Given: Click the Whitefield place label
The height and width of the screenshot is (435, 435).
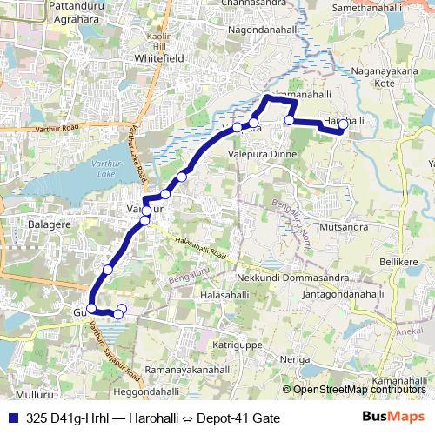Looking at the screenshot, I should pyautogui.click(x=156, y=58).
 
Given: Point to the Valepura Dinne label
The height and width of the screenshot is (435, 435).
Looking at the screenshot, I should pyautogui.click(x=262, y=153).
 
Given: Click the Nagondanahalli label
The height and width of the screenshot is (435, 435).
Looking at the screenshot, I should pyautogui.click(x=263, y=30).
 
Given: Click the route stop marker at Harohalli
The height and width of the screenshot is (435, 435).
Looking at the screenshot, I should pyautogui.click(x=343, y=124).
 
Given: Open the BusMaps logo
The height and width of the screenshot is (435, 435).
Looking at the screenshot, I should pyautogui.click(x=394, y=418).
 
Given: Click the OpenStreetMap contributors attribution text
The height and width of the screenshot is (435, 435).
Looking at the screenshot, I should pyautogui.click(x=359, y=390).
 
